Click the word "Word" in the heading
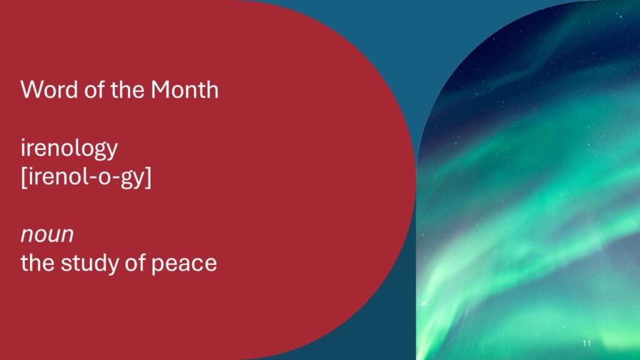(x=49, y=89)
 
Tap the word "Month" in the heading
(x=184, y=89)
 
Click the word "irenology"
(x=69, y=149)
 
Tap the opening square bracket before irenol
(x=24, y=177)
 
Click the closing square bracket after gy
(x=148, y=177)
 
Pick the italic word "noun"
(x=47, y=235)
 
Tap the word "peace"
(x=184, y=264)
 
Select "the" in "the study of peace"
(x=37, y=262)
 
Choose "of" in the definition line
(x=135, y=262)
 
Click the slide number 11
(x=587, y=343)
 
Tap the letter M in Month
(x=161, y=90)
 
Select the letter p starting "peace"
(x=157, y=266)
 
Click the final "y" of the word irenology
(x=112, y=151)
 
